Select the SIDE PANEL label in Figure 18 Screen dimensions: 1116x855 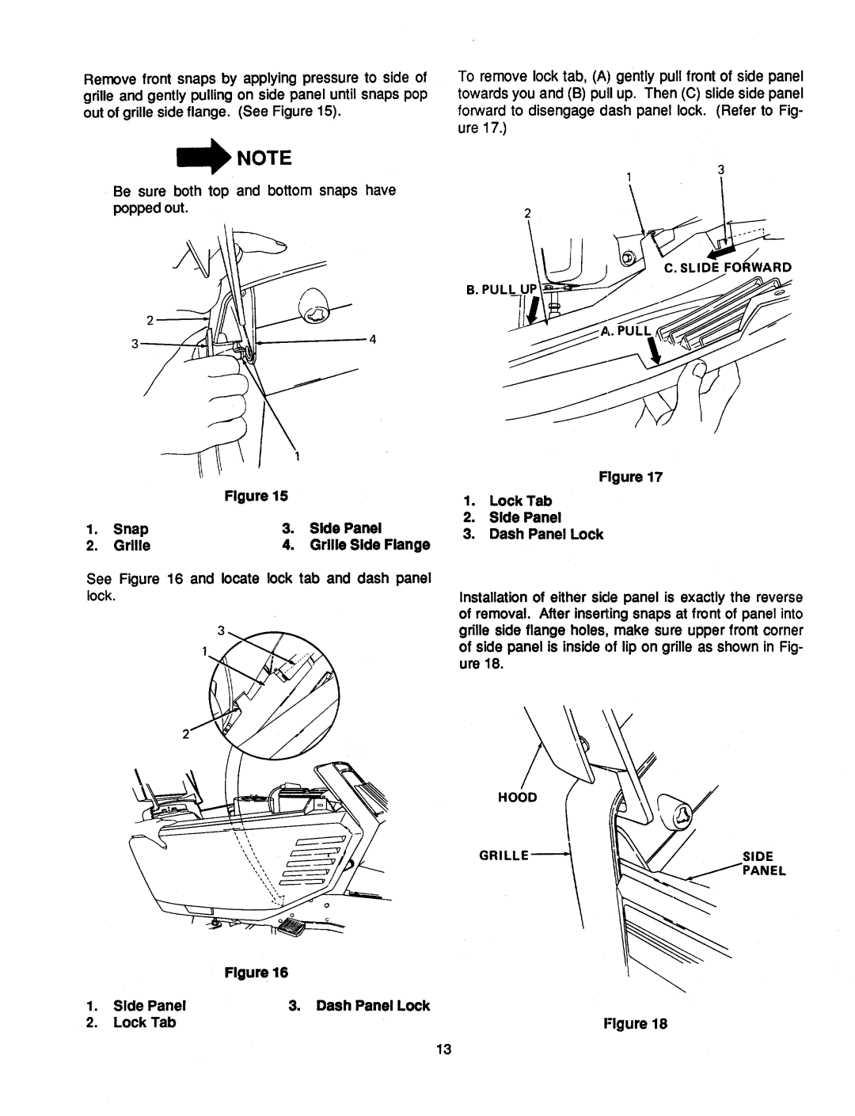pos(762,863)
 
